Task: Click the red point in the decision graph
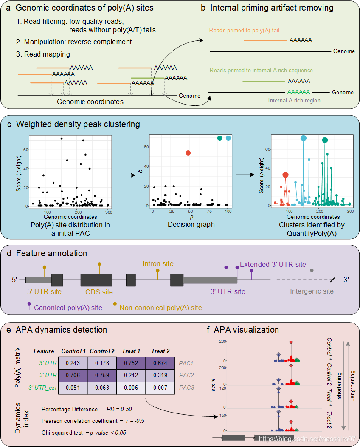click(x=188, y=153)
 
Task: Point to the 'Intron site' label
click(x=158, y=263)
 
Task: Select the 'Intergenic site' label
click(x=312, y=291)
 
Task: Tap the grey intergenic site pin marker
click(x=312, y=270)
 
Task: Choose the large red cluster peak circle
click(x=285, y=175)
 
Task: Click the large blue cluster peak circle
click(x=304, y=138)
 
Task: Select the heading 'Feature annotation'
click(x=51, y=254)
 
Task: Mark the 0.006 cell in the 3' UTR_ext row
click(x=131, y=387)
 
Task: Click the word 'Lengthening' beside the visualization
click(x=352, y=385)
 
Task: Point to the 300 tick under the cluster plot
click(x=350, y=211)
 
